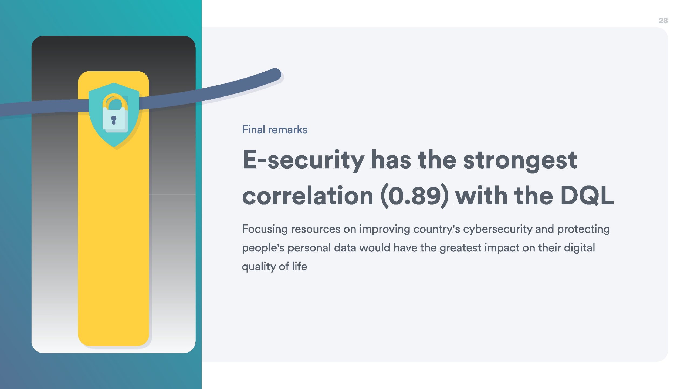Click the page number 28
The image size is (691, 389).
pyautogui.click(x=663, y=21)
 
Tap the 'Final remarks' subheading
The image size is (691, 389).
pyautogui.click(x=275, y=130)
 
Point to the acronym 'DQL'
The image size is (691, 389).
pyautogui.click(x=587, y=195)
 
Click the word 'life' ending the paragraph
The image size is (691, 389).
pyautogui.click(x=299, y=266)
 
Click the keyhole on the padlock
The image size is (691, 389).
pyautogui.click(x=114, y=120)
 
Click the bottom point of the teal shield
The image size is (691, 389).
pyautogui.click(x=114, y=147)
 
